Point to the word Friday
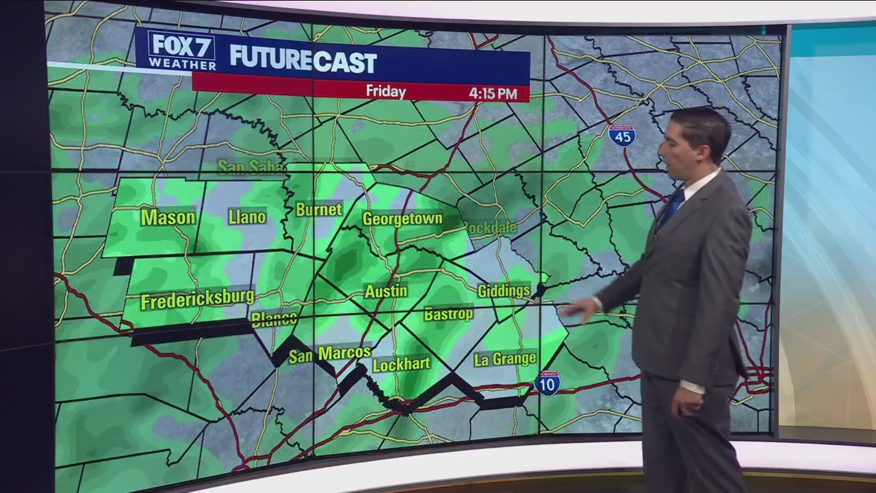pos(386,91)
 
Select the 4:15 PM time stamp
pos(493,93)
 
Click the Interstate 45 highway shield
pos(621,136)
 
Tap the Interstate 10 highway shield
pos(547,383)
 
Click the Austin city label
pos(386,291)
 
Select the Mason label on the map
pos(168,218)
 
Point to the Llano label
pos(247,217)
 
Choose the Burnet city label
pos(319,210)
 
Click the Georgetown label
pos(402,219)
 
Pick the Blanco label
pos(274,319)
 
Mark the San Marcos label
pos(329,354)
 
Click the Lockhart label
pos(401,364)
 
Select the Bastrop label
pos(448,314)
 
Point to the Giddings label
pos(504,291)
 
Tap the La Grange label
pos(505,359)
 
